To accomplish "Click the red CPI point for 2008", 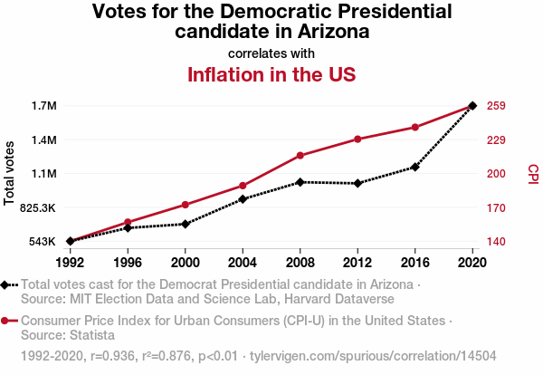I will tap(300, 156).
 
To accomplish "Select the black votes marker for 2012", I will tap(358, 184).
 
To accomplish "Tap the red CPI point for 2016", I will tap(415, 127).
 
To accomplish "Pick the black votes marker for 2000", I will tap(185, 224).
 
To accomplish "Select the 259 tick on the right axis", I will tap(495, 106).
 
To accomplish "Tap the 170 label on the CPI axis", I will tap(495, 207).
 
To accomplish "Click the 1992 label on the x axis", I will tap(70, 262).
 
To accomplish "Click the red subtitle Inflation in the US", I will tap(271, 74).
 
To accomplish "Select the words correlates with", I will tap(271, 53).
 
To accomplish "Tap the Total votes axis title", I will tap(10, 173).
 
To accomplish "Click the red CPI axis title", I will tap(533, 172).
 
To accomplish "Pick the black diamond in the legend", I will tap(5, 284).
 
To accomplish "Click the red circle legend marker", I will tap(5, 321).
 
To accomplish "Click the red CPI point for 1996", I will tap(128, 222).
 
